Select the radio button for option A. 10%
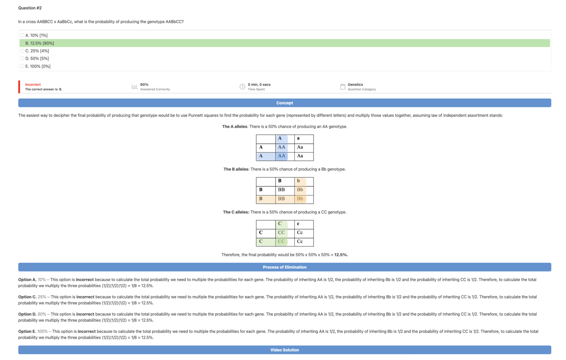22,35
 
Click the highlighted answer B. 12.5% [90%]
40,43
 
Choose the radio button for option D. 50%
22,59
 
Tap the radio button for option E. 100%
22,66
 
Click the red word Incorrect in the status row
33,84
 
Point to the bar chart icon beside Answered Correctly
134,87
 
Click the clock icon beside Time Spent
242,87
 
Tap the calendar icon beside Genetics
342,87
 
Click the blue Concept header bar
284,103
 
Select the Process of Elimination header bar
284,267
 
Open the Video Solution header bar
284,350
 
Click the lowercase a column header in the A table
298,138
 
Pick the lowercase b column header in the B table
298,181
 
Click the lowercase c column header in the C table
298,224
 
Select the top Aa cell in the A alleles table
300,147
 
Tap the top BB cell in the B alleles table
281,190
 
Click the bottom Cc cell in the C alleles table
300,242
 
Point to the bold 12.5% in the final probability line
341,255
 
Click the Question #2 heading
30,8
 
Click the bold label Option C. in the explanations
27,297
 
